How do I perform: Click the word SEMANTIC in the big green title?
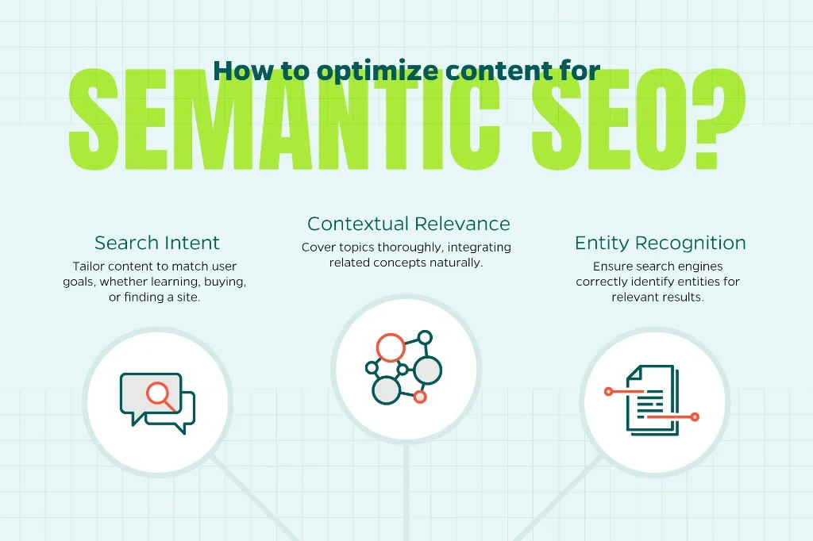pos(283,119)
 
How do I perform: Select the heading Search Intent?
pos(156,243)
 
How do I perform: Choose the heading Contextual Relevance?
pos(409,224)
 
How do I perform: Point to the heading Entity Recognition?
pos(660,243)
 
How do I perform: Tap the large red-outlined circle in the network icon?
pos(391,347)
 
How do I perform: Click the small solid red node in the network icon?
pos(420,397)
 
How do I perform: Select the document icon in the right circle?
pos(653,400)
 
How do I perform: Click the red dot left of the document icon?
pos(609,392)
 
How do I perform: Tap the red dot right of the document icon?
pos(695,416)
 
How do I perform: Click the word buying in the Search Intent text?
pos(225,282)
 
